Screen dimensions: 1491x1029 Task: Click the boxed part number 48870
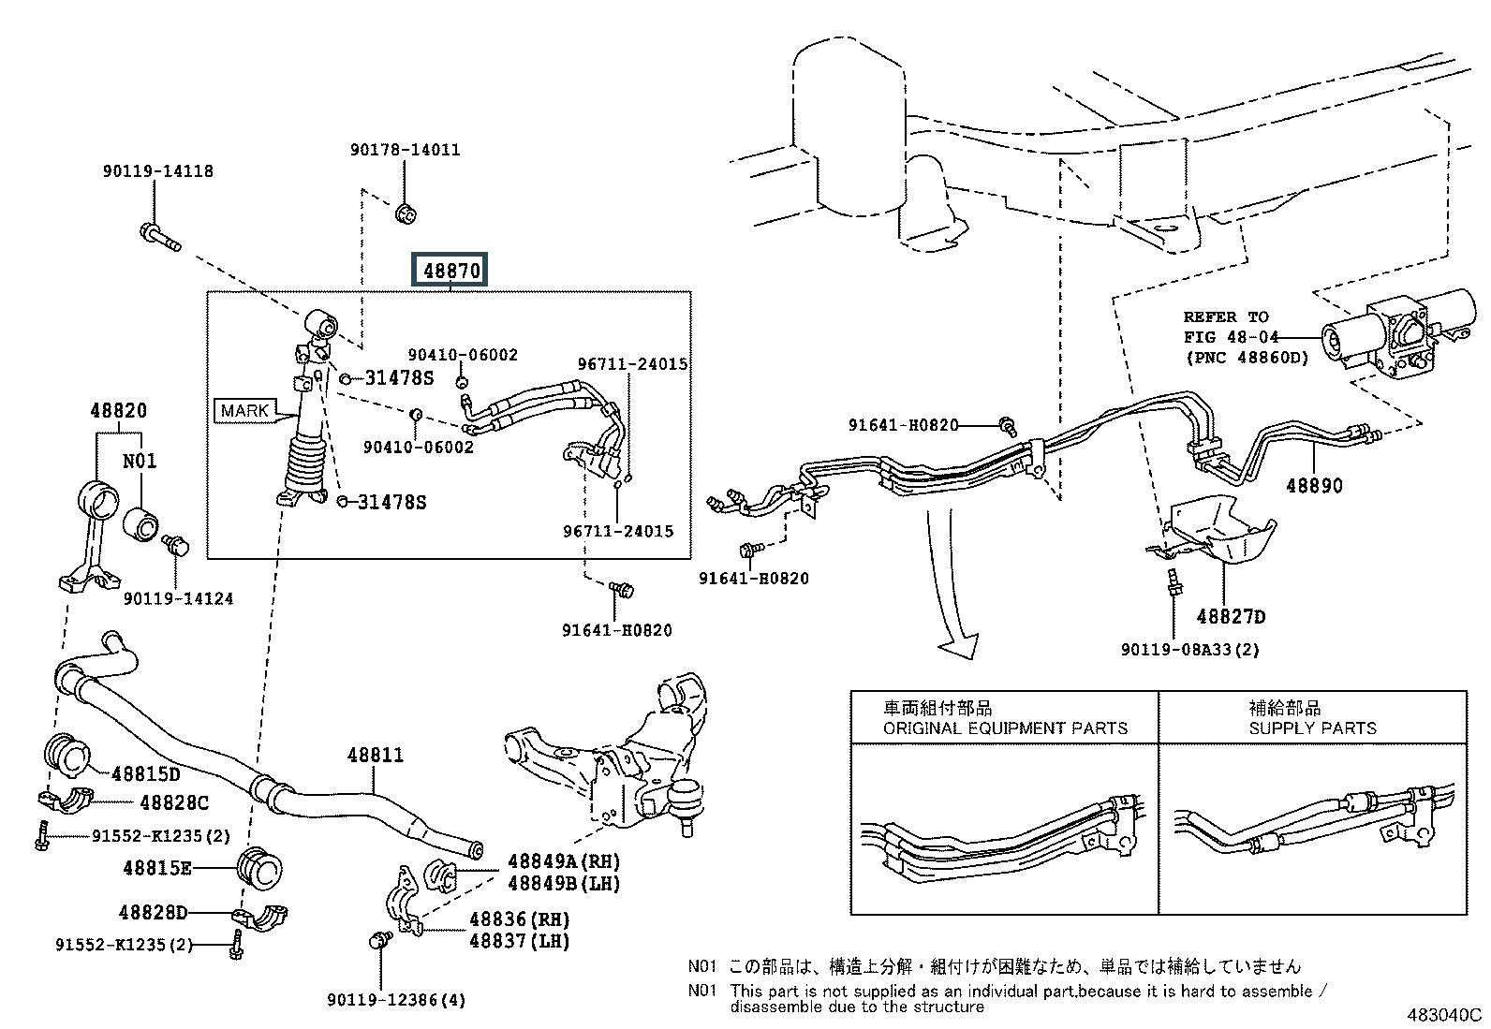(450, 270)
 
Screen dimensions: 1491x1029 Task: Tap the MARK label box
(245, 410)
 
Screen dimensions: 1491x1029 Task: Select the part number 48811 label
(376, 755)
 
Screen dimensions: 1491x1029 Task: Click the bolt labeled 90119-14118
(160, 237)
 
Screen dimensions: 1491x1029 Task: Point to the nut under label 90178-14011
(406, 214)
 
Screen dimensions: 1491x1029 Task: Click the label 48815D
(146, 773)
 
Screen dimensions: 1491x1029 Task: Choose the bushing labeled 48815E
(259, 868)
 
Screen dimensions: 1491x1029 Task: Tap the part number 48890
(1314, 485)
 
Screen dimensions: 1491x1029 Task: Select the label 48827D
(1231, 616)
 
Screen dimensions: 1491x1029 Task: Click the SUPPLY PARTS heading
(1313, 728)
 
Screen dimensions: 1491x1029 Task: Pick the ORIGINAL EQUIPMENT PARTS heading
(1005, 728)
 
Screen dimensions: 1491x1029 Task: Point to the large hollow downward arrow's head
(960, 645)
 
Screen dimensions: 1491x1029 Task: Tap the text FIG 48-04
(1231, 337)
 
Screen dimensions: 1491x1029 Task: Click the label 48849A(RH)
(564, 861)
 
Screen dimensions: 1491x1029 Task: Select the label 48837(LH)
(519, 941)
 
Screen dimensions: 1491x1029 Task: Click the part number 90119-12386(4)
(396, 1000)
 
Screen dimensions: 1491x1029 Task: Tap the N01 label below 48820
(140, 461)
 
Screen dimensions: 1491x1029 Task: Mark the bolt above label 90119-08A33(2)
(1174, 581)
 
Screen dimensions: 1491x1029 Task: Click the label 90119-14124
(178, 598)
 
